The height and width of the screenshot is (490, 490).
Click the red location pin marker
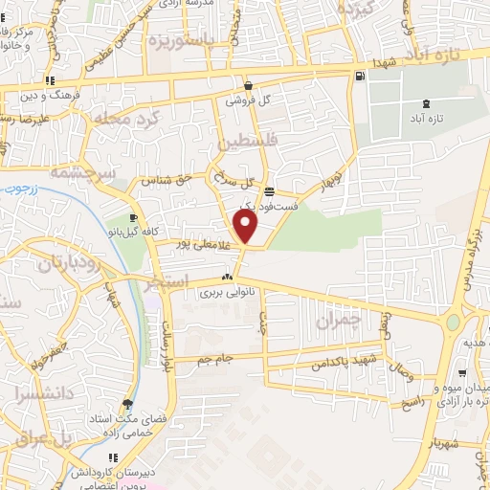click(246, 228)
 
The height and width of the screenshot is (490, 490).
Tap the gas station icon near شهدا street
click(359, 77)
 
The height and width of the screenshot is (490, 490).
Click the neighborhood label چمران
click(363, 323)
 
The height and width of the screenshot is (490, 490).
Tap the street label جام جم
click(216, 358)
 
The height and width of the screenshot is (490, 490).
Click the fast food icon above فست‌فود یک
click(270, 189)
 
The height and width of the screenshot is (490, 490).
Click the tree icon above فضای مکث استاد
click(128, 405)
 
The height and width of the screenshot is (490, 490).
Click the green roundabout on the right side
click(452, 323)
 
